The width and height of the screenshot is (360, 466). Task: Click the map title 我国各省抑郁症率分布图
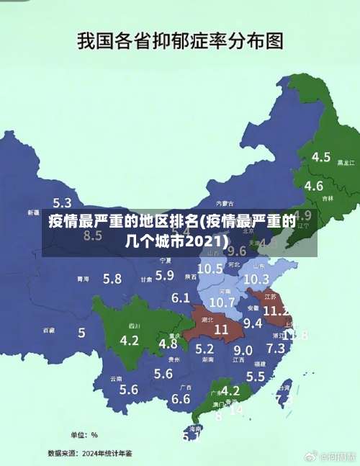(179, 41)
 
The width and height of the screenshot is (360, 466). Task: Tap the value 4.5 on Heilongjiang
(321, 157)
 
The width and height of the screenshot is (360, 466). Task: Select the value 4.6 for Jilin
(314, 186)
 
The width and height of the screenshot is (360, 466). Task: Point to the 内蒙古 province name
(225, 204)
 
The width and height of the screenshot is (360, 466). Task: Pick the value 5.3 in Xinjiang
(63, 203)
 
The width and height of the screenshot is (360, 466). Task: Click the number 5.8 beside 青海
(112, 278)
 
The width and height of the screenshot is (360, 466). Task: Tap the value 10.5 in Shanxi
(210, 268)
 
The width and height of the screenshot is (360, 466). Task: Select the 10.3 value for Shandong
(256, 279)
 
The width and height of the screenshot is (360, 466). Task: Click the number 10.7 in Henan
(222, 302)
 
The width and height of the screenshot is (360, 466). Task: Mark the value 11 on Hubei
(221, 328)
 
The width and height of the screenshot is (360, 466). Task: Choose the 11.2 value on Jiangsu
(276, 311)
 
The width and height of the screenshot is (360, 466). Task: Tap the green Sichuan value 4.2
(130, 339)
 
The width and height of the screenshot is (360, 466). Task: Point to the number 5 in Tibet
(81, 333)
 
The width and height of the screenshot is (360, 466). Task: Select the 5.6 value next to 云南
(129, 390)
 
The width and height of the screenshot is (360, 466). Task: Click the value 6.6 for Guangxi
(181, 398)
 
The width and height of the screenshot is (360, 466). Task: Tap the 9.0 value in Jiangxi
(243, 350)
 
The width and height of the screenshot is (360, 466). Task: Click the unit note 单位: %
(84, 434)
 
